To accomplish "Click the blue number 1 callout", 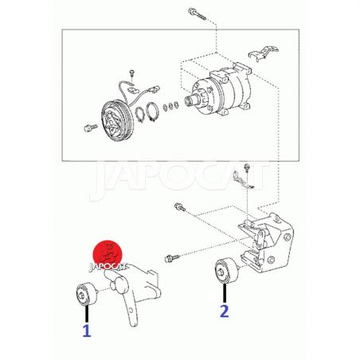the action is (x=87, y=331).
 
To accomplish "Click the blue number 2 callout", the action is (x=225, y=311).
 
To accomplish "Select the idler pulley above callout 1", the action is (x=85, y=294).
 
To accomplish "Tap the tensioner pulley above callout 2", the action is (x=226, y=271).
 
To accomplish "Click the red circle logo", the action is (x=108, y=254).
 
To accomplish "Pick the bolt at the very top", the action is (x=197, y=14).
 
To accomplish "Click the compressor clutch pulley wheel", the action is (x=115, y=121).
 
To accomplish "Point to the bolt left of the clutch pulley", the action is (x=91, y=127).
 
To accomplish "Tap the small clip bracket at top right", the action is (x=263, y=53).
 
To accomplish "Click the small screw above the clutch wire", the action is (x=132, y=73).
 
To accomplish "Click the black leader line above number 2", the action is (x=225, y=293).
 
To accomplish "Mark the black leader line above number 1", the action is (x=87, y=314).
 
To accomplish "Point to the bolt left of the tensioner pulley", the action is (x=172, y=258).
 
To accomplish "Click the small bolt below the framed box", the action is (x=247, y=168).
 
